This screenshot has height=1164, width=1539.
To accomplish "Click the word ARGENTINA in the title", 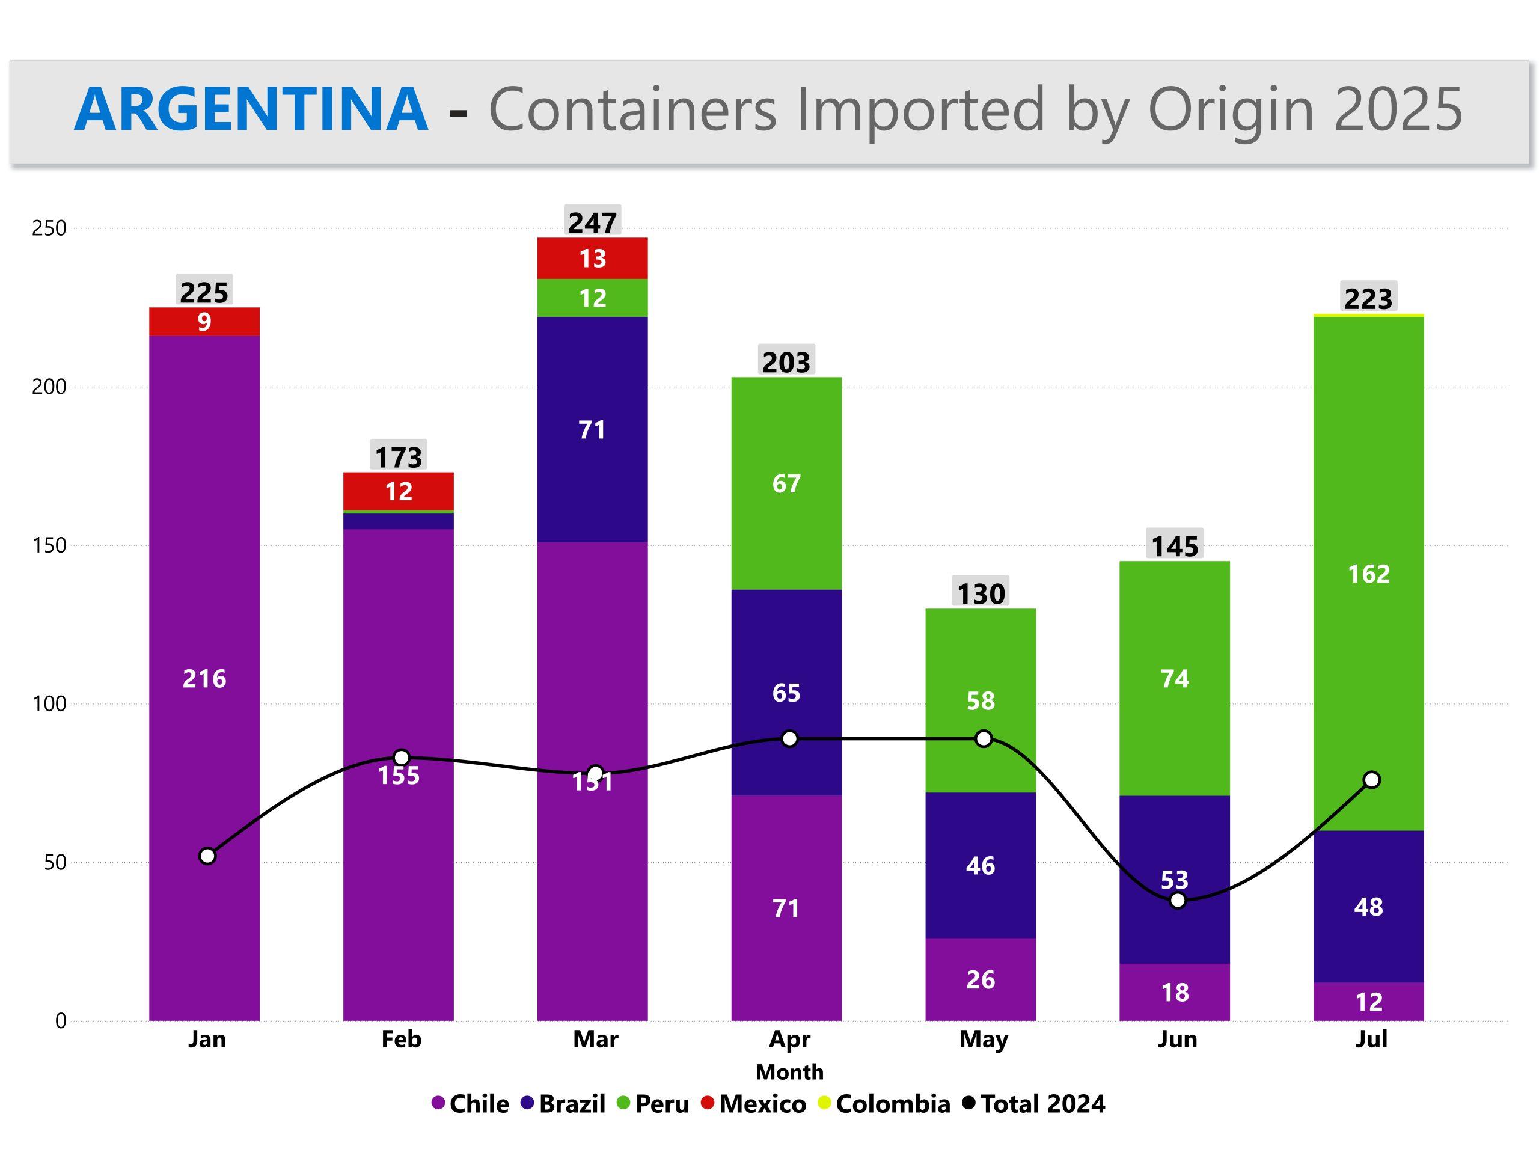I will point(251,109).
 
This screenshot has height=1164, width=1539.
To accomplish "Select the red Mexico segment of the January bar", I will point(204,322).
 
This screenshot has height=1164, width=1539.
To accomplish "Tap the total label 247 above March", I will point(592,222).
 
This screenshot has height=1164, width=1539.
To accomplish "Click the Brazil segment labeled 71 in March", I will point(592,429).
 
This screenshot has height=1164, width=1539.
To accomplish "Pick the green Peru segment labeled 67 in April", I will point(786,483).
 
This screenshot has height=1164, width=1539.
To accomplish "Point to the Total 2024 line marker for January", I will point(207,856).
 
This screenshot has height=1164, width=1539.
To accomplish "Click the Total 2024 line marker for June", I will point(1177,900).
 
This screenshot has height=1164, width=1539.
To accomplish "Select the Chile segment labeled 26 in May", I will point(981,979).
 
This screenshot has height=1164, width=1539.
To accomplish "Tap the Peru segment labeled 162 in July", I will point(1368,574).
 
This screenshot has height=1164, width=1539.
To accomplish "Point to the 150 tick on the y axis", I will point(49,545).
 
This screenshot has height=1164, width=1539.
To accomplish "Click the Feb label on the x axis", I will point(402,1040).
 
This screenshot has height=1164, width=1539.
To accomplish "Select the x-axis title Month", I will point(790,1072).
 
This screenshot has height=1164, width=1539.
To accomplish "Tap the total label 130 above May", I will point(981,593).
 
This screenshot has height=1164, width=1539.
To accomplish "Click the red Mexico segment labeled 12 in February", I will point(399,492).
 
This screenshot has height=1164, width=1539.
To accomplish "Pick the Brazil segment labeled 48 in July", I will point(1368,907).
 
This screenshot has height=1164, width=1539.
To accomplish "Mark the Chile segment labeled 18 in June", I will point(1175,992).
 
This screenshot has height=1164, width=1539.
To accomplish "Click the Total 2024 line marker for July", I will point(1371,780).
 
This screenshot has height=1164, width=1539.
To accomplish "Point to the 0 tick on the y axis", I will point(61,1022).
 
